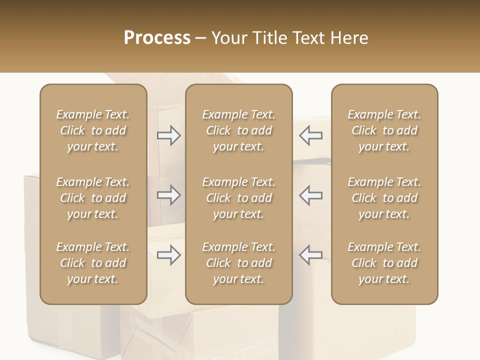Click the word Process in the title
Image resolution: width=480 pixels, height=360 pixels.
tap(157, 38)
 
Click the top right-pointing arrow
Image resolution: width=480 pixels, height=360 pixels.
tap(168, 135)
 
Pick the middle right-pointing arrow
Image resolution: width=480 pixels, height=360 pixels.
tap(168, 195)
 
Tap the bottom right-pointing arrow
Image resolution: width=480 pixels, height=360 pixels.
tap(168, 255)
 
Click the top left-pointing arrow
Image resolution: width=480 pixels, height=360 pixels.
tap(311, 135)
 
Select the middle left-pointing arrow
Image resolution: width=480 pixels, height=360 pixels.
tap(311, 195)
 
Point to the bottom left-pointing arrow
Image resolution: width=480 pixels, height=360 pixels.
tap(311, 255)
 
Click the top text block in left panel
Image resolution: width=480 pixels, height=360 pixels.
tap(93, 130)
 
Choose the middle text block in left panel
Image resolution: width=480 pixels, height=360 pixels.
tap(93, 198)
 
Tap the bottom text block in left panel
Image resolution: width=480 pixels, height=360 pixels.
tap(93, 263)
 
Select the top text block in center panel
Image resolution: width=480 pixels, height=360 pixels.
tap(238, 130)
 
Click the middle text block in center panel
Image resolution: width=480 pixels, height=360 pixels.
tap(238, 198)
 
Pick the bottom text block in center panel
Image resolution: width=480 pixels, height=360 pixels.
tap(238, 263)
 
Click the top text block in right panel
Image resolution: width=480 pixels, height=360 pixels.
tap(384, 130)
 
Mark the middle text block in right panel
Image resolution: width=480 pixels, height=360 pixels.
tap(384, 198)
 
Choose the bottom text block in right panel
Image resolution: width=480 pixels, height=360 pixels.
tap(384, 263)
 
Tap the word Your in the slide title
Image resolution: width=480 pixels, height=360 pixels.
tap(228, 38)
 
